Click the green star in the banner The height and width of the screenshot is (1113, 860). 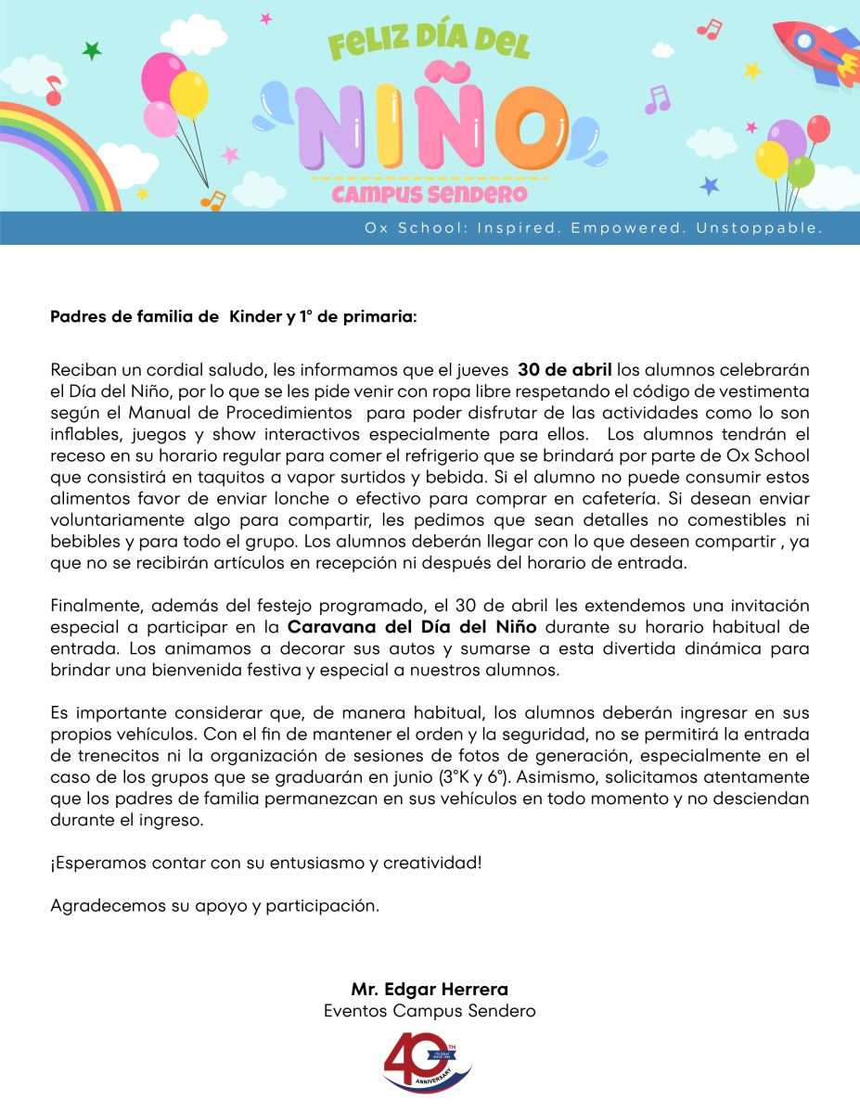[x=92, y=51]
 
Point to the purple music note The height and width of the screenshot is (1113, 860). [x=657, y=99]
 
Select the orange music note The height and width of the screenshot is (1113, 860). [x=213, y=199]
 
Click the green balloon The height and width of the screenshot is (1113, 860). [x=801, y=172]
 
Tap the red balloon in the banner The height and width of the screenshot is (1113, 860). [x=818, y=129]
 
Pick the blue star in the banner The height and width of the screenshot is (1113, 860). [x=710, y=185]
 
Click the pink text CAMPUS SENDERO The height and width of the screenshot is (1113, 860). [x=430, y=195]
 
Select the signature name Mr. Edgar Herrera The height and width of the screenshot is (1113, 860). [x=430, y=989]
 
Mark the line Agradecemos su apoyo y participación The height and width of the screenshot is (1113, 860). [x=214, y=905]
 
